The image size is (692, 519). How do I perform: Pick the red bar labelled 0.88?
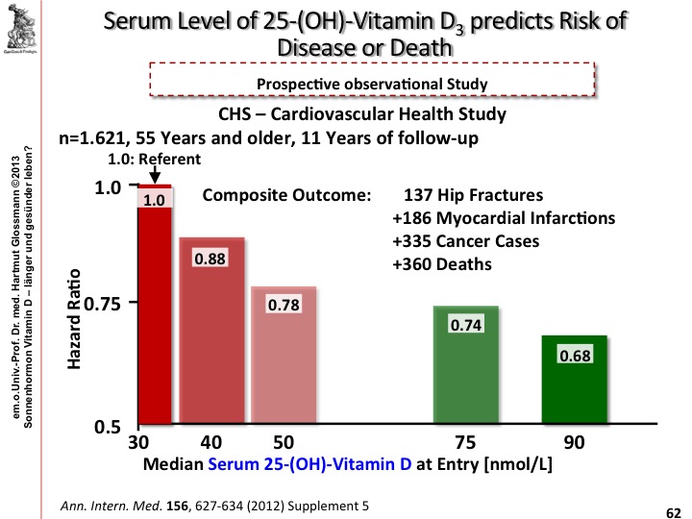[x=210, y=346]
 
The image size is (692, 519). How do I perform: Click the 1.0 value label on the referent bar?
[x=155, y=200]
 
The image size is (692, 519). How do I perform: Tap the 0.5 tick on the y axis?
[x=119, y=427]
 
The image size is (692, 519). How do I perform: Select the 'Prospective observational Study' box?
[x=372, y=83]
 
